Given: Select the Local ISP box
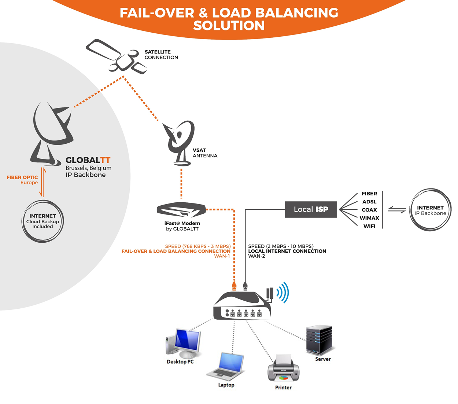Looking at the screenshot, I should point(311,209).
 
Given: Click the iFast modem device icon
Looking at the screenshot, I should point(181,210).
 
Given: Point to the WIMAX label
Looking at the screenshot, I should point(369,218).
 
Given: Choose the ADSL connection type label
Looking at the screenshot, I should point(369,202).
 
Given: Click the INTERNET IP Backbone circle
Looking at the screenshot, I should point(430,210).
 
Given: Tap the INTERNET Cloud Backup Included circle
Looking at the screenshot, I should point(43,221).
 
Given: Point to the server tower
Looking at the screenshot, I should point(320,339).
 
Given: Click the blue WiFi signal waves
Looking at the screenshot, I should point(283,293).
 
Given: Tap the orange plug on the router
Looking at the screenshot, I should point(234,285).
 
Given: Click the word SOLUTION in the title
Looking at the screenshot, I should point(229,26).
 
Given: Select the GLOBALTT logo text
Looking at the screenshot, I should point(88,160).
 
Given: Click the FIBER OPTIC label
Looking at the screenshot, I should point(22,177).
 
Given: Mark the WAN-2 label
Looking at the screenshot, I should point(256,256).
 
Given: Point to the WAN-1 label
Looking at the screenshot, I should point(222,256).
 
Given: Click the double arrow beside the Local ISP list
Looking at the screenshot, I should point(396,210).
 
